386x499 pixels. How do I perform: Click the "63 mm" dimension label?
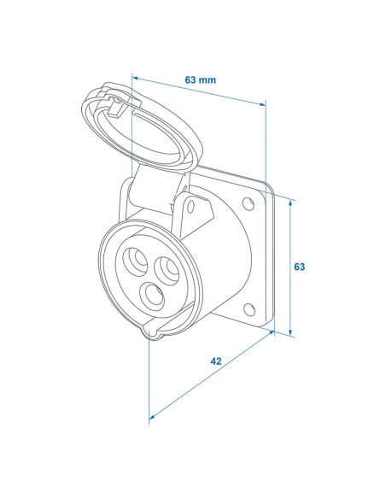(200, 79)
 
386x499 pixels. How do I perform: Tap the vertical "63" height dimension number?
(299, 267)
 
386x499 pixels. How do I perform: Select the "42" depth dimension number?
(216, 361)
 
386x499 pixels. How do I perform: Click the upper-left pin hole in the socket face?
(137, 260)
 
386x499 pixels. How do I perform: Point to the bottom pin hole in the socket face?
(153, 296)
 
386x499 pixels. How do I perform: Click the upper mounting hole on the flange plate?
(249, 204)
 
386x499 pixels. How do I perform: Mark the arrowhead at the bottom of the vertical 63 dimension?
(291, 332)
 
